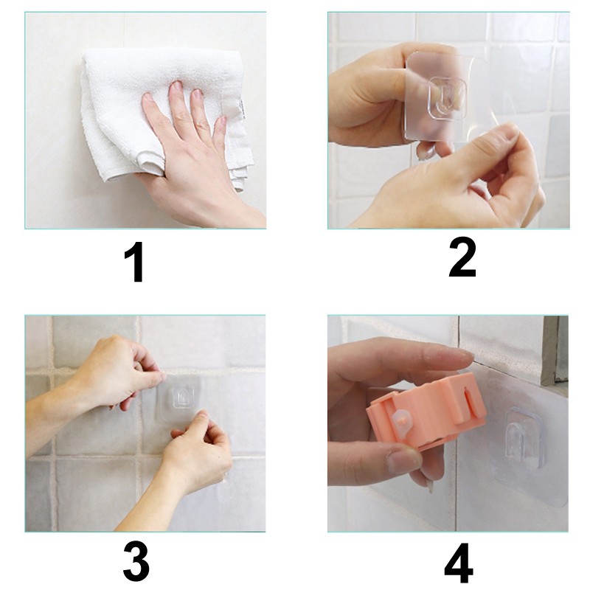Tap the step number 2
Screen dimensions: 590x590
click(x=462, y=257)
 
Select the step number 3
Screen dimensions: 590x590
click(x=136, y=561)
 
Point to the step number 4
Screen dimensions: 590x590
click(x=459, y=563)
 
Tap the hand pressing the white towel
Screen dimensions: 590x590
click(x=195, y=158)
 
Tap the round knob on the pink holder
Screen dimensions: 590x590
click(x=402, y=422)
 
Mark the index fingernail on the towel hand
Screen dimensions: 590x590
click(x=176, y=86)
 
